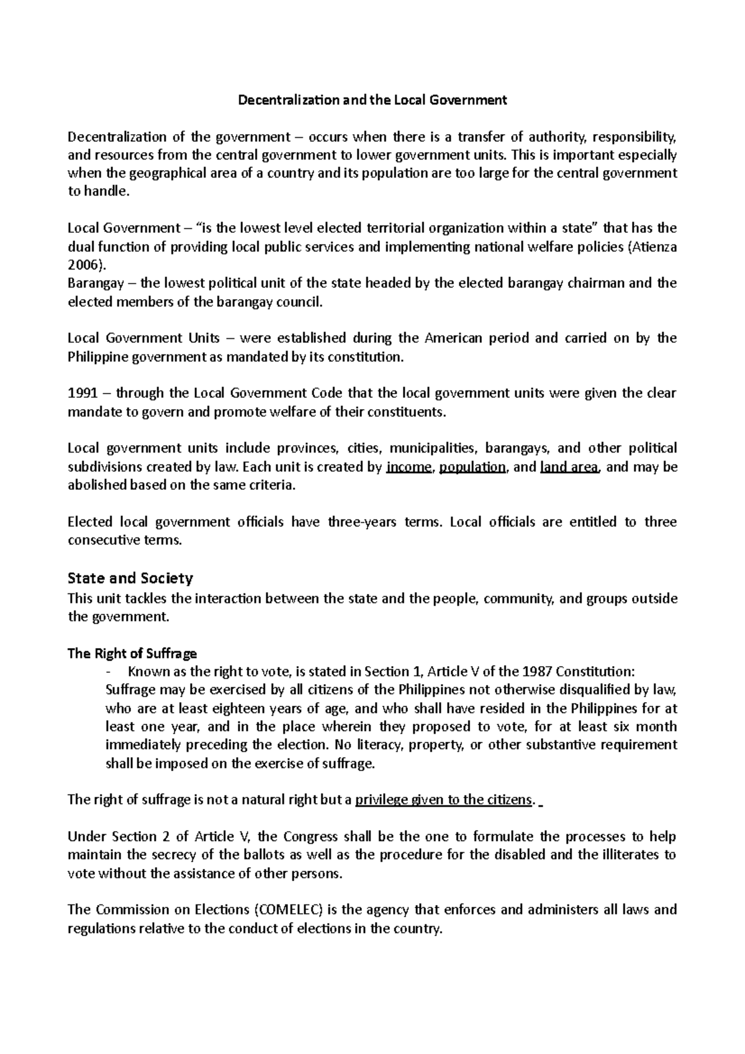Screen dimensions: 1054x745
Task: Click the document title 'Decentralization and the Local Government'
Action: coord(373,100)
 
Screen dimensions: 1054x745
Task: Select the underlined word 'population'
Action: coord(472,467)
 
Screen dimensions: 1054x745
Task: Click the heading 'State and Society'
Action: coord(130,578)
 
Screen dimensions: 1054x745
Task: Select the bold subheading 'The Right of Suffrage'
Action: coord(132,653)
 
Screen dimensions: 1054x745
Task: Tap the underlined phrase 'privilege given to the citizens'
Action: coord(443,800)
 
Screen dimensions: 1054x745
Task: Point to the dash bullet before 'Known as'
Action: coord(109,672)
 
